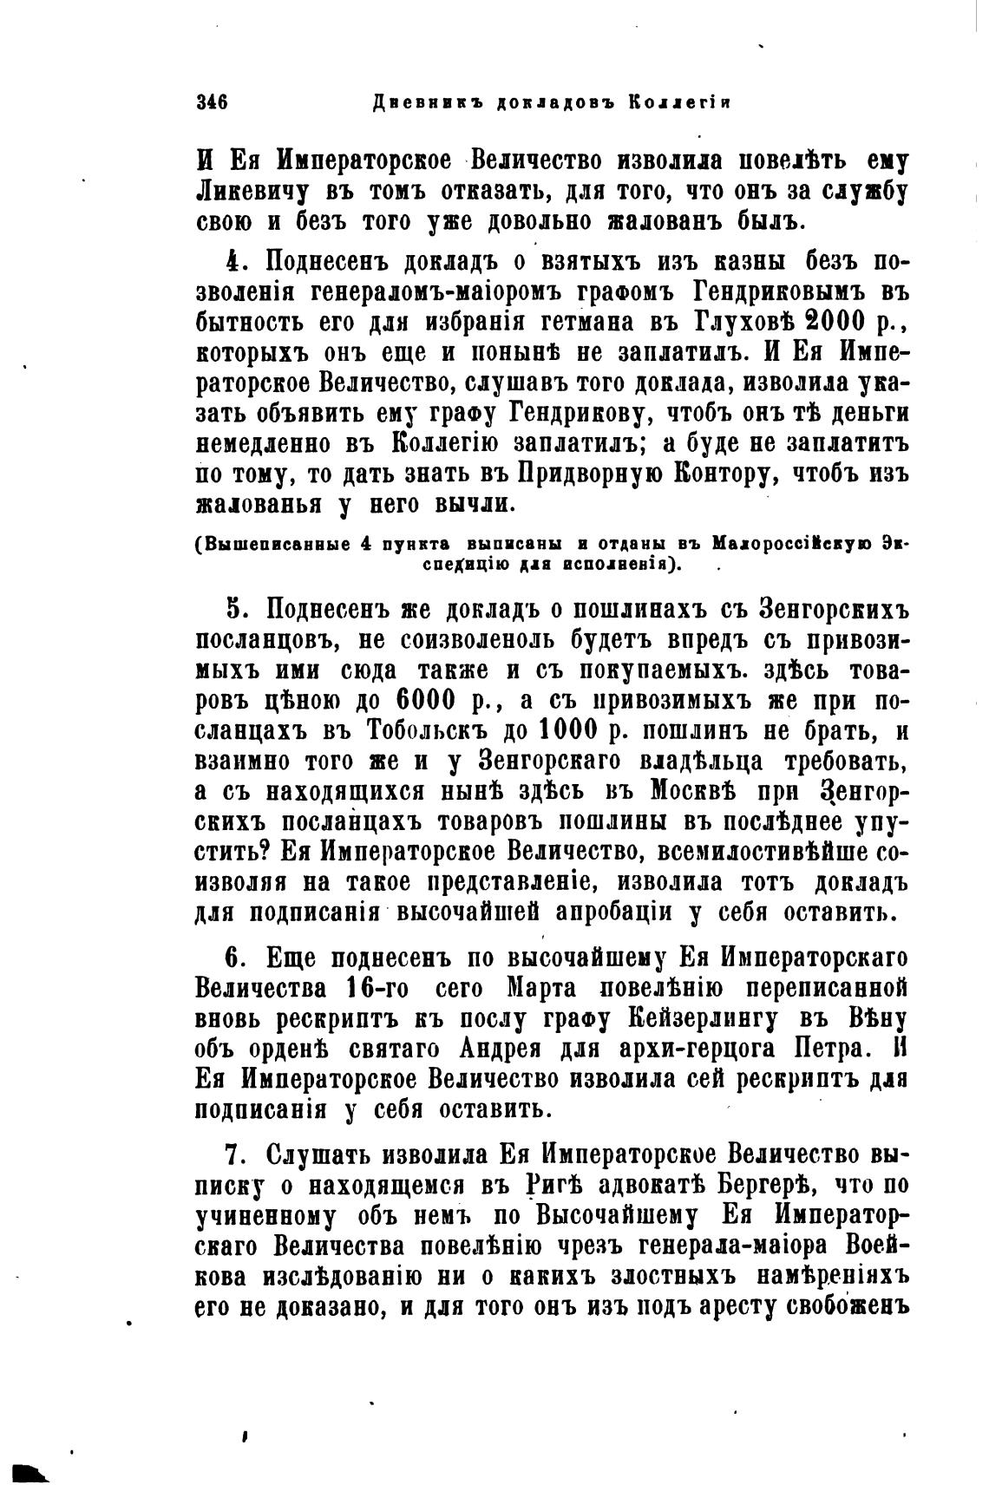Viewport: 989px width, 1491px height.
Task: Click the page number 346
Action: click(213, 102)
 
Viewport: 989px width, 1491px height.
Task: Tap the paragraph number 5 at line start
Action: click(233, 610)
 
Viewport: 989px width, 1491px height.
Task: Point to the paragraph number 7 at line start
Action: click(233, 1156)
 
